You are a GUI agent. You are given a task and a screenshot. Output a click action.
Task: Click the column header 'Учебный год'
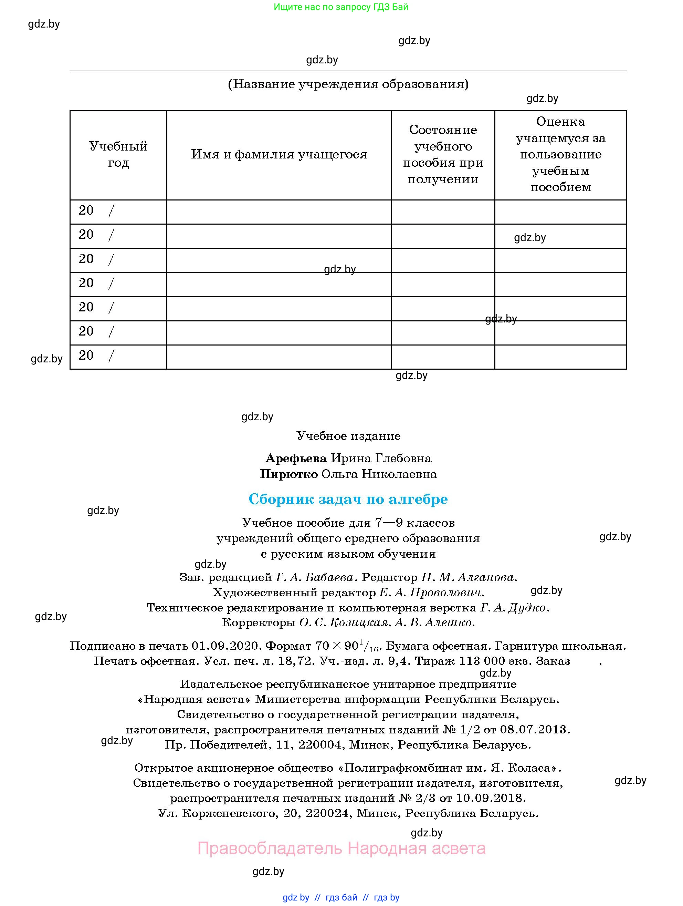pyautogui.click(x=118, y=154)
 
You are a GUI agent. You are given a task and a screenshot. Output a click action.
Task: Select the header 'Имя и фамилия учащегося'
pyautogui.click(x=279, y=154)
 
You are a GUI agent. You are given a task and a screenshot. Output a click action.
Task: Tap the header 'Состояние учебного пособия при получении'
pyautogui.click(x=443, y=154)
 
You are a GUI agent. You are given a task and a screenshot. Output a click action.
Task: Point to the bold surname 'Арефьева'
pyautogui.click(x=296, y=458)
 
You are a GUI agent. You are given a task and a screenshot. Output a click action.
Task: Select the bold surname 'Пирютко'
pyautogui.click(x=289, y=474)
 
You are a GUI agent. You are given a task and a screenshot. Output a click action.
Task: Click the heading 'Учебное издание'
pyautogui.click(x=348, y=436)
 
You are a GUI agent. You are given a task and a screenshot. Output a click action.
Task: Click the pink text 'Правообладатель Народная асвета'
pyautogui.click(x=341, y=848)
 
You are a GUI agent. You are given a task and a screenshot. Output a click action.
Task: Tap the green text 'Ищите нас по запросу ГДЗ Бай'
pyautogui.click(x=341, y=7)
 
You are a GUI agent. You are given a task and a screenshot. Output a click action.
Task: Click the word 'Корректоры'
pyautogui.click(x=258, y=622)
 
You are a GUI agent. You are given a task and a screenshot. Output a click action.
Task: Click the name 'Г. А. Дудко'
pyautogui.click(x=513, y=607)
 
